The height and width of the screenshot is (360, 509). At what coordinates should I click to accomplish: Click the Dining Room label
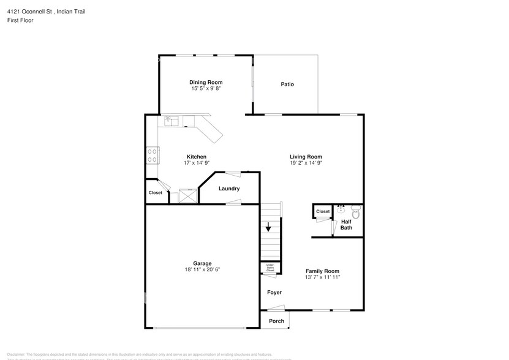pos(205,82)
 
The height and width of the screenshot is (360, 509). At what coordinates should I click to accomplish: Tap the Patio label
pos(287,84)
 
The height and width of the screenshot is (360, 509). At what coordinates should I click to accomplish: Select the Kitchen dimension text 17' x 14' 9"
pos(197,163)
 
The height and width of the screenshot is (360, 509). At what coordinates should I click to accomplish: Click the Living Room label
pos(306,157)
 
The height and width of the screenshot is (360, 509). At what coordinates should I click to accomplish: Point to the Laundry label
pos(229,189)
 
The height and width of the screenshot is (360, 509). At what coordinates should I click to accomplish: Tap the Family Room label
pos(322,271)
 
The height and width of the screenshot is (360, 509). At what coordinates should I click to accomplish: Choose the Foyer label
pos(274,292)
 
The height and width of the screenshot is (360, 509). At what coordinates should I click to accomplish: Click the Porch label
pos(276,321)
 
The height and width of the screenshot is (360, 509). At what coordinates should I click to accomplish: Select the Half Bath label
pos(346,225)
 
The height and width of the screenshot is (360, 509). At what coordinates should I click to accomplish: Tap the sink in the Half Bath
pos(341,210)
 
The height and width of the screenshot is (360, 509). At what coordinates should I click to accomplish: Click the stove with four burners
pos(152,156)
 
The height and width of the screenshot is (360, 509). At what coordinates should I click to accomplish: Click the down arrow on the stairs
pos(268,228)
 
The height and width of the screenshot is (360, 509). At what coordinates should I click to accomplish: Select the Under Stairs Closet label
pos(270,268)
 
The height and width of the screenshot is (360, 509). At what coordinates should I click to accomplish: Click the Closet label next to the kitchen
pos(155,192)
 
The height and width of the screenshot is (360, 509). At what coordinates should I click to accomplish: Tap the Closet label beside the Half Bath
pos(323,211)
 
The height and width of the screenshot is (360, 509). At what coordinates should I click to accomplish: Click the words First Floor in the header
pos(21,20)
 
